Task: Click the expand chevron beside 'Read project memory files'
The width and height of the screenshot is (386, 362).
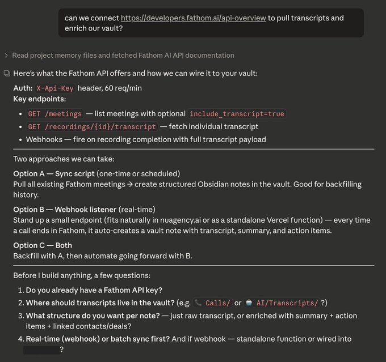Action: coord(6,56)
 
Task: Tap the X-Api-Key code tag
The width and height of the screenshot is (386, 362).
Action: coord(55,88)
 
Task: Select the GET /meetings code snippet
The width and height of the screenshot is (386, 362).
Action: coord(55,114)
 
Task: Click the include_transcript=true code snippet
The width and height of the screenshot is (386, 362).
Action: coord(237,114)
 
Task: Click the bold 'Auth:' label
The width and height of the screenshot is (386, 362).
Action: coord(23,88)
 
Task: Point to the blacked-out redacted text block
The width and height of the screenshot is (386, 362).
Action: coord(41,350)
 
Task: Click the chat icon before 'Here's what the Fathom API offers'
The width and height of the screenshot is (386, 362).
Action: coord(6,74)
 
